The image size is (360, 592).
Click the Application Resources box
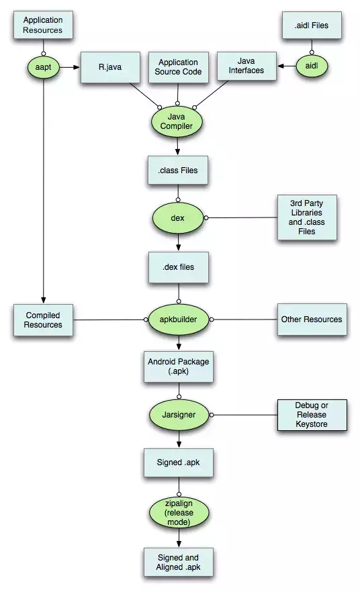(43, 26)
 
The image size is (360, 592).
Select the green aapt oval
(43, 67)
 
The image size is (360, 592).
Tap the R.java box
(105, 67)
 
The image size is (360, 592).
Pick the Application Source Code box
(178, 67)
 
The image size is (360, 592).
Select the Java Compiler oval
(177, 122)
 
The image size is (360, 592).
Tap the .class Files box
(177, 170)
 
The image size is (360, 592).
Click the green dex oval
(177, 219)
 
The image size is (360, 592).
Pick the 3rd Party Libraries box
(306, 218)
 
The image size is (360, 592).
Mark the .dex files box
(177, 266)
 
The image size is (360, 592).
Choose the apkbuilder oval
(177, 319)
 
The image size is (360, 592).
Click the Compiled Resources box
(44, 319)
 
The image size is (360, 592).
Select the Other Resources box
(311, 319)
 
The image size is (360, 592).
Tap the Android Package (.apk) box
(178, 366)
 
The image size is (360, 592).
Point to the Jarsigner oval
(178, 415)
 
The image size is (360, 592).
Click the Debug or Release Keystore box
(312, 415)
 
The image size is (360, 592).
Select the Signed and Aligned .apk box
(178, 562)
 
